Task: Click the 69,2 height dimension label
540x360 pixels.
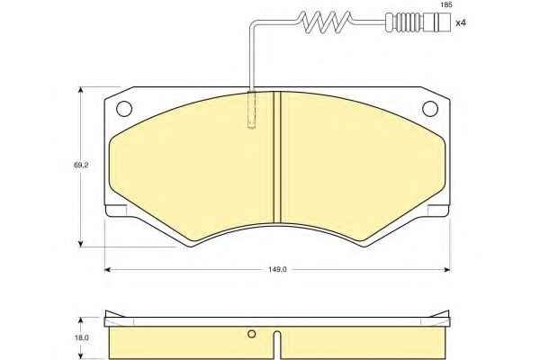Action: coord(81,165)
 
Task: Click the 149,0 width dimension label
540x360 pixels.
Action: coord(277,269)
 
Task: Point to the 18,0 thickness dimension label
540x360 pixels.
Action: coord(82,338)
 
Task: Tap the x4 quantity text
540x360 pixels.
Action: coord(461,23)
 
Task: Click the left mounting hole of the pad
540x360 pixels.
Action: coord(124,109)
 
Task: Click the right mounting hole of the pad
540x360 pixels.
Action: coord(430,109)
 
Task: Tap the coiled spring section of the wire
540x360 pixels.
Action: coord(324,22)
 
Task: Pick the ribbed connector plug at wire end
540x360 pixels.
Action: coord(418,22)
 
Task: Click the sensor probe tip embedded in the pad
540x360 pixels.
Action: coord(252,110)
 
